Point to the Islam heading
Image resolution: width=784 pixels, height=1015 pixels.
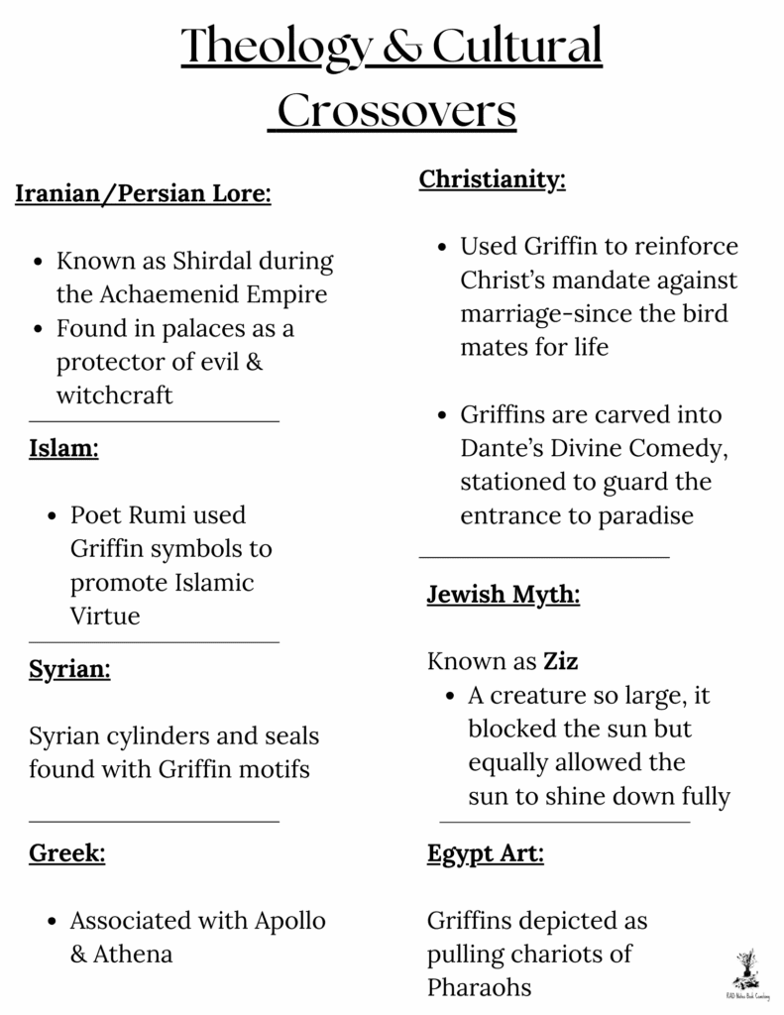click(x=63, y=448)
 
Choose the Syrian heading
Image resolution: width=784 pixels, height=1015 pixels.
click(x=69, y=669)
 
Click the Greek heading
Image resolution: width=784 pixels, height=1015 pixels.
click(x=66, y=852)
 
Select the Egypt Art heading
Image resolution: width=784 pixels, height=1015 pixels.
click(x=486, y=852)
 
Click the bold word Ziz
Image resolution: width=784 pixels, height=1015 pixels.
click(x=561, y=660)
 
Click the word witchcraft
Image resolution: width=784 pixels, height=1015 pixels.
click(x=114, y=395)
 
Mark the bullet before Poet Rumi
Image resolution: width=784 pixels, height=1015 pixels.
click(x=51, y=516)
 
